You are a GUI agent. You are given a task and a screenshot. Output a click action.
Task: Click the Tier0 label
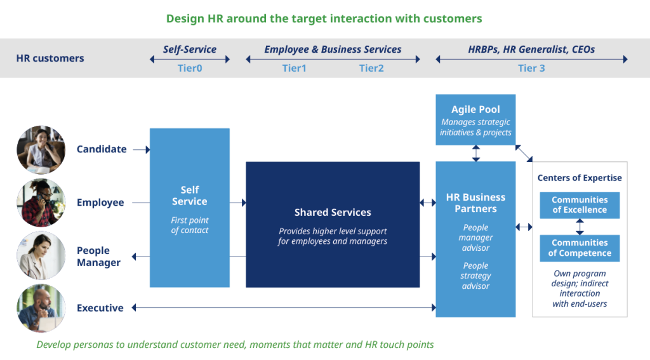pyautogui.click(x=190, y=68)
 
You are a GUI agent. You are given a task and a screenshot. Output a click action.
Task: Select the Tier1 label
pyautogui.click(x=294, y=68)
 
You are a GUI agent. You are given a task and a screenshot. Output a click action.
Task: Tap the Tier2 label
pyautogui.click(x=371, y=68)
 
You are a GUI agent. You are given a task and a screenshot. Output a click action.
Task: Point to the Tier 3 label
pyautogui.click(x=531, y=68)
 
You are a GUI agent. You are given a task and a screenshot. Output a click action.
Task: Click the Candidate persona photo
pyautogui.click(x=41, y=150)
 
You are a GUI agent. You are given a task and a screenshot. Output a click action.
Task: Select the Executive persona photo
pyautogui.click(x=41, y=308)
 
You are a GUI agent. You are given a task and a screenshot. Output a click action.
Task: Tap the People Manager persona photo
pyautogui.click(x=41, y=256)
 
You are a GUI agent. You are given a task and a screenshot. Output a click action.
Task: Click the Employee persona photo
pyautogui.click(x=41, y=203)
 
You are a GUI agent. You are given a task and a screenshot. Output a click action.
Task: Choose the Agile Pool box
pyautogui.click(x=475, y=120)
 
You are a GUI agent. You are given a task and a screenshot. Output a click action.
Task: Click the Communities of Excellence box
pyautogui.click(x=580, y=205)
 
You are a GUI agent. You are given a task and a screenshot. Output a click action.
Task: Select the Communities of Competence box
pyautogui.click(x=580, y=248)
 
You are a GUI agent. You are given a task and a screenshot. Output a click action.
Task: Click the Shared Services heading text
pyautogui.click(x=333, y=213)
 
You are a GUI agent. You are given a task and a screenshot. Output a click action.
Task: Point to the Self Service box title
pyautogui.click(x=189, y=196)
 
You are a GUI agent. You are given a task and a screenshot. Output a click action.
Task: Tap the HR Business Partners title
pyautogui.click(x=475, y=203)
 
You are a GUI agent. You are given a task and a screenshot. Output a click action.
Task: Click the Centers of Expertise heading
pyautogui.click(x=580, y=178)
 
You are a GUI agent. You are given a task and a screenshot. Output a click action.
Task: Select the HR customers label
pyautogui.click(x=50, y=58)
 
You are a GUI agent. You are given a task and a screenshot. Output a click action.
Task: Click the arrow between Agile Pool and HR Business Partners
pyautogui.click(x=475, y=153)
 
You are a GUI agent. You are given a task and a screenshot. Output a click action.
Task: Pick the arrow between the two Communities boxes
pyautogui.click(x=580, y=227)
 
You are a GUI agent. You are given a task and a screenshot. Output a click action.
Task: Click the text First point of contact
pyautogui.click(x=189, y=225)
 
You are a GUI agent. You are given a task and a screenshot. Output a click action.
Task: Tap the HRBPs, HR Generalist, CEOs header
pyautogui.click(x=531, y=50)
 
